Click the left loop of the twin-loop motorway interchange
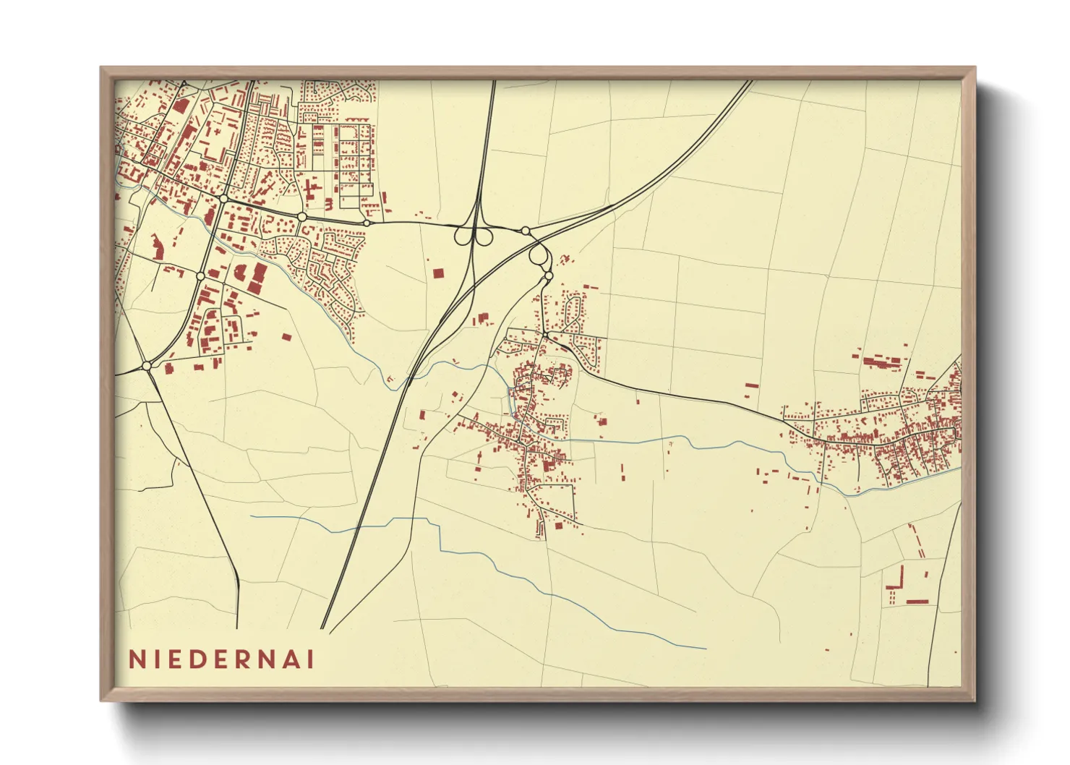[463, 236]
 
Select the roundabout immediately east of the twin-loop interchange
[526, 231]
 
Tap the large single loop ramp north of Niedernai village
[538, 255]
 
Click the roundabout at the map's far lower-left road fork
[147, 366]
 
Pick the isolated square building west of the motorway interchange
[437, 273]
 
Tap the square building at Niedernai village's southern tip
[557, 526]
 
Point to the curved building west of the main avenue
[156, 246]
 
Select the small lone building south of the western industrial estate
[286, 337]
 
